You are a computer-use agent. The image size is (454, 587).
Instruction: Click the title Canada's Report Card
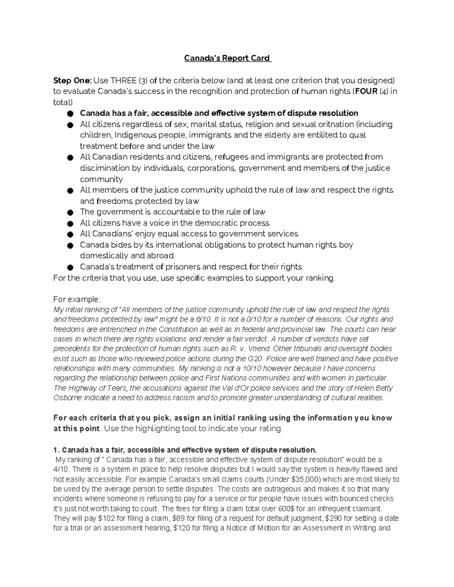pyautogui.click(x=227, y=58)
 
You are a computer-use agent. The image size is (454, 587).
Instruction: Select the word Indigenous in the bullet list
pyautogui.click(x=134, y=135)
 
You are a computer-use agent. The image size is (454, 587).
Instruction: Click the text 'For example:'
pyautogui.click(x=77, y=300)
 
